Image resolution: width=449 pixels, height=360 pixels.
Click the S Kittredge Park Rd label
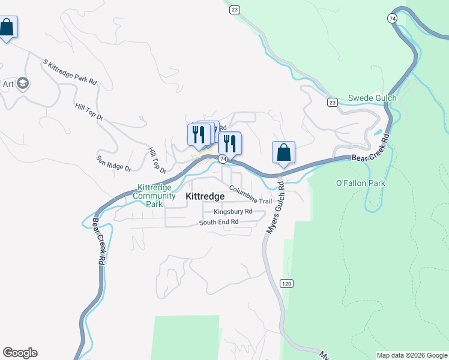[70, 71]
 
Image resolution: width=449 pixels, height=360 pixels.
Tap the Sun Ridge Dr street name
[113, 163]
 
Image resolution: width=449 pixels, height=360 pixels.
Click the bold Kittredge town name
[205, 196]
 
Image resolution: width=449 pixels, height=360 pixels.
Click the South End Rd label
[219, 222]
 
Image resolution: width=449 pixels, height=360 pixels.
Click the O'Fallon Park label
[360, 183]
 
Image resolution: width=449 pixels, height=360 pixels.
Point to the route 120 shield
[287, 283]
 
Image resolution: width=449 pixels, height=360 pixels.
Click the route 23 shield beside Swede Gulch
[333, 103]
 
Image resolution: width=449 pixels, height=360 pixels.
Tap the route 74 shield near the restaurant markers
[223, 159]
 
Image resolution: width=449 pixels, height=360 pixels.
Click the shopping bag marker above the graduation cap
[7, 27]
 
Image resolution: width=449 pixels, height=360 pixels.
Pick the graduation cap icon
[23, 83]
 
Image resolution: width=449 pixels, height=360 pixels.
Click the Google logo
[20, 353]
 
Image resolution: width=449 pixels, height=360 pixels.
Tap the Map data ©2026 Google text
[412, 355]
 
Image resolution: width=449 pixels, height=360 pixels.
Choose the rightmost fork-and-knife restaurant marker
[229, 143]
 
